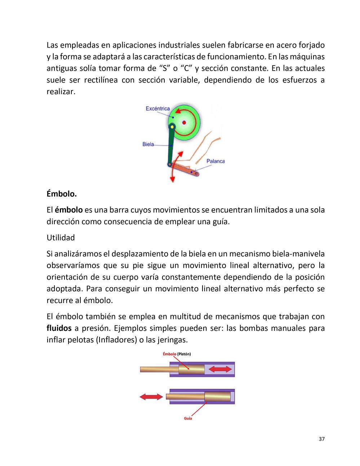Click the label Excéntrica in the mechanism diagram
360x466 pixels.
pos(157,108)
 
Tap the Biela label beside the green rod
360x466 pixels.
pos(148,144)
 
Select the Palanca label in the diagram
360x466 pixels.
pos(215,161)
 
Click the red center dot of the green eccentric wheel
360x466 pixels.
pos(184,123)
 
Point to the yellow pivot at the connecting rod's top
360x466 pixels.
pos(172,127)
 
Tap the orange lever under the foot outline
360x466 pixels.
pos(186,169)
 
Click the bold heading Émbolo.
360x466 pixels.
pos(62,194)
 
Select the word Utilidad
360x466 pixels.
pos(61,238)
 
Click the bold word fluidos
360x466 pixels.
pos(59,328)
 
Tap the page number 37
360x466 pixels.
pos(321,439)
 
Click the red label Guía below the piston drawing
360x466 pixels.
pos(188,418)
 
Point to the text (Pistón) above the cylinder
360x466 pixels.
pos(184,354)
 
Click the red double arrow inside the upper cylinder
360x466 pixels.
pos(220,369)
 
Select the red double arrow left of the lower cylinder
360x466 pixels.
pos(151,397)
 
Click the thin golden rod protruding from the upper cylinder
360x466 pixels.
pos(155,369)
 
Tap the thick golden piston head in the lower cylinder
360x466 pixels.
pos(217,396)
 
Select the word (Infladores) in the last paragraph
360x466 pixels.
pos(118,340)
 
